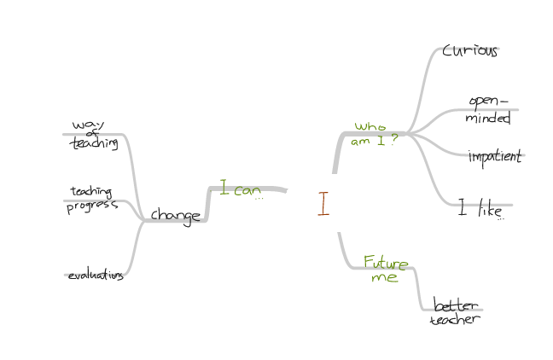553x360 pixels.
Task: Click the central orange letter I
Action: click(x=323, y=204)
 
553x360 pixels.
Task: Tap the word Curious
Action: click(x=469, y=50)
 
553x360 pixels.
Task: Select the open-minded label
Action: click(x=488, y=110)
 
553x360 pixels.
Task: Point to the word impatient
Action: click(x=494, y=157)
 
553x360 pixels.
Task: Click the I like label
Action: click(x=478, y=208)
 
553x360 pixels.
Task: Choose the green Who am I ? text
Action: click(x=374, y=134)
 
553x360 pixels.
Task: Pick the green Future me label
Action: click(x=385, y=269)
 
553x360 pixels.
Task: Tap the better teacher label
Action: click(x=456, y=312)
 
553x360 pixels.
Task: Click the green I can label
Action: click(x=240, y=189)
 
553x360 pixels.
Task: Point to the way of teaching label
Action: click(x=93, y=135)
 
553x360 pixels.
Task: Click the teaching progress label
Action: click(x=92, y=198)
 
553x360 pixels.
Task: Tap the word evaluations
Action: click(x=96, y=275)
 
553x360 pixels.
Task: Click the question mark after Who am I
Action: click(x=393, y=141)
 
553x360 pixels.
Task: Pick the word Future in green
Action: click(x=386, y=262)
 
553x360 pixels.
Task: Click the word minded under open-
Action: click(x=487, y=119)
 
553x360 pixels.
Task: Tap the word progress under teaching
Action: click(x=92, y=205)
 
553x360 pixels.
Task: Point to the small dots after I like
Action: click(x=501, y=218)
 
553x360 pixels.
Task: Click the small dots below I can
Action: click(x=259, y=198)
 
